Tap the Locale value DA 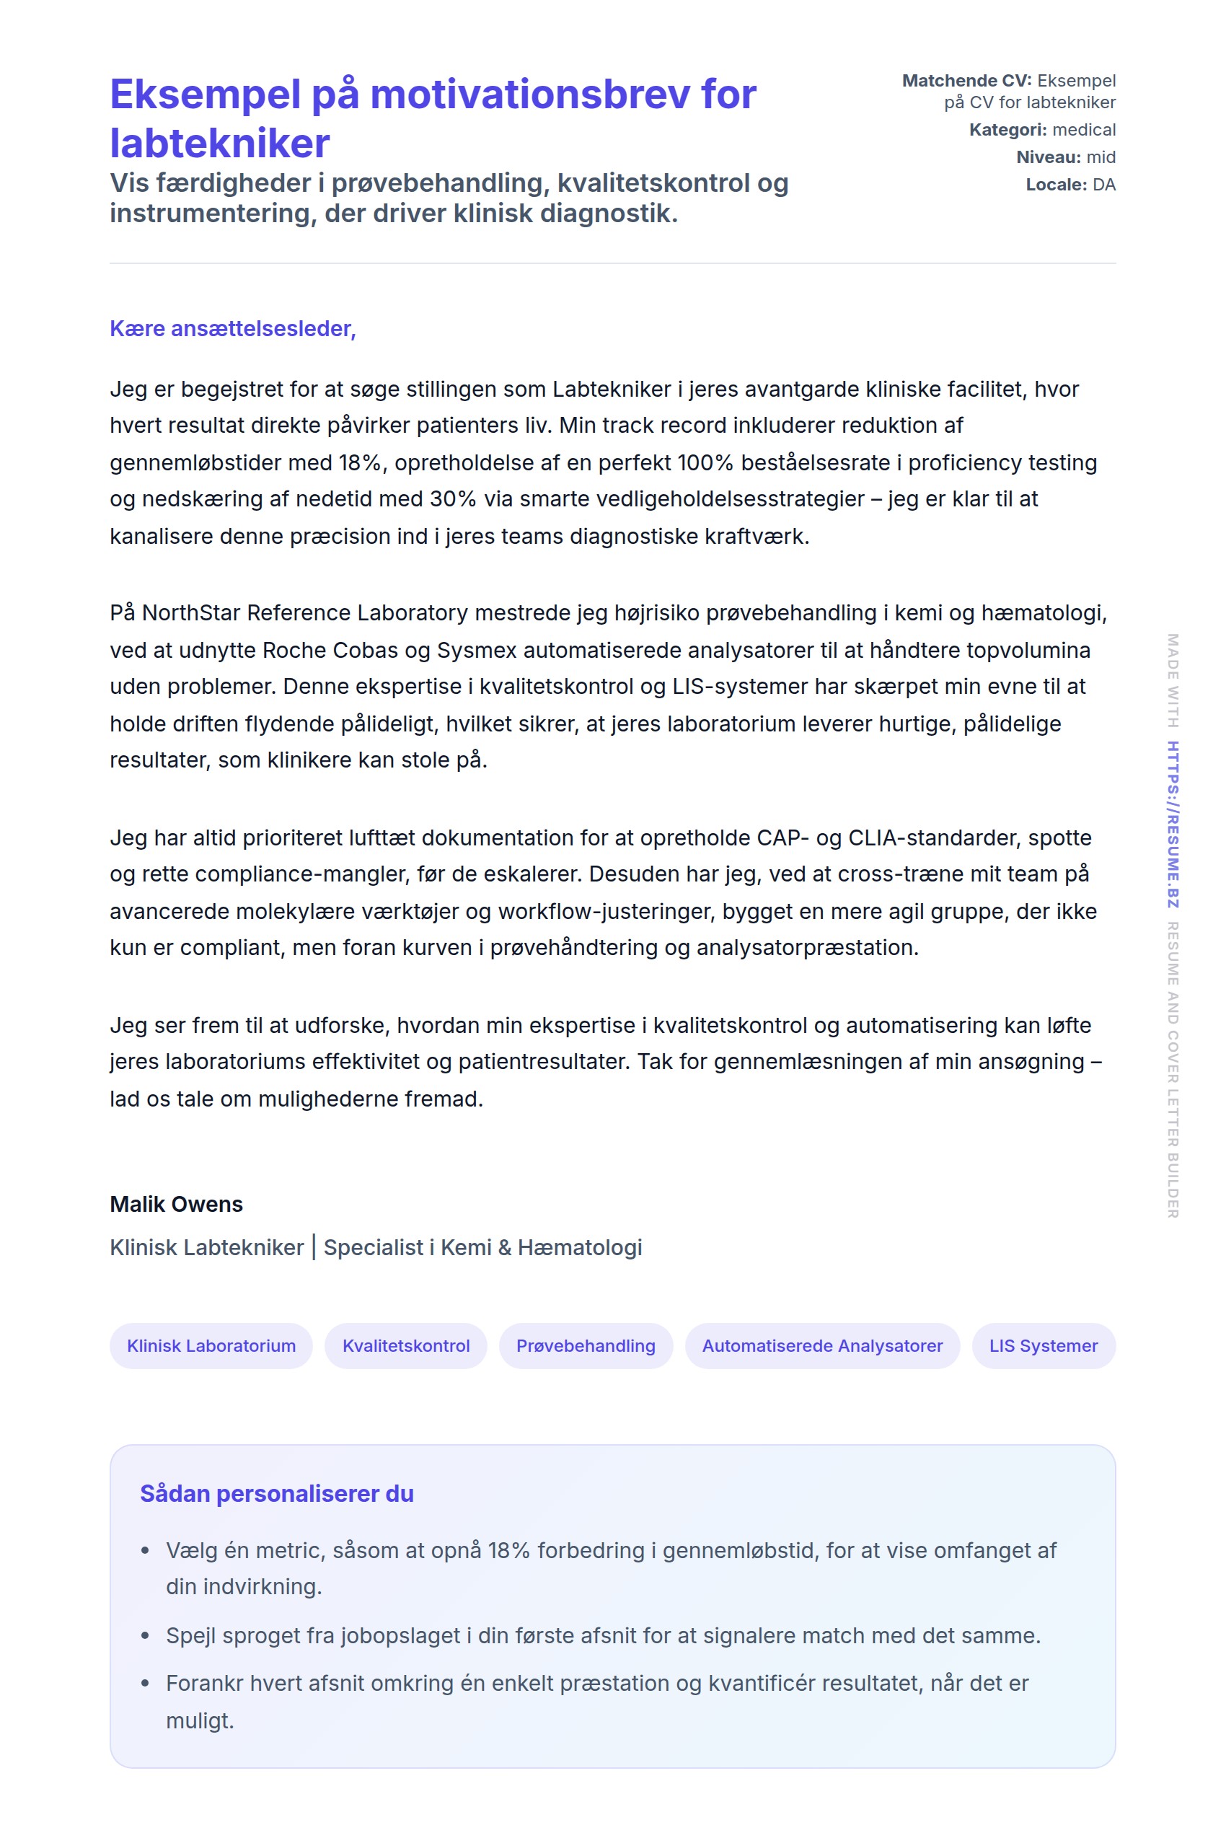[1103, 185]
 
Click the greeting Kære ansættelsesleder [232, 328]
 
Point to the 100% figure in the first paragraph [705, 463]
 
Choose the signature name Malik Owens [176, 1204]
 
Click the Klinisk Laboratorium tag [211, 1345]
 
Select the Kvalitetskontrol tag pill [406, 1345]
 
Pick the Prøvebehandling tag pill [586, 1345]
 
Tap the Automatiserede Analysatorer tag [821, 1345]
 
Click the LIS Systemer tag [1043, 1345]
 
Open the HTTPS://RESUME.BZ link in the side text [1172, 825]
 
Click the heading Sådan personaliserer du [277, 1493]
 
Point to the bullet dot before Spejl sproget [145, 1635]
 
